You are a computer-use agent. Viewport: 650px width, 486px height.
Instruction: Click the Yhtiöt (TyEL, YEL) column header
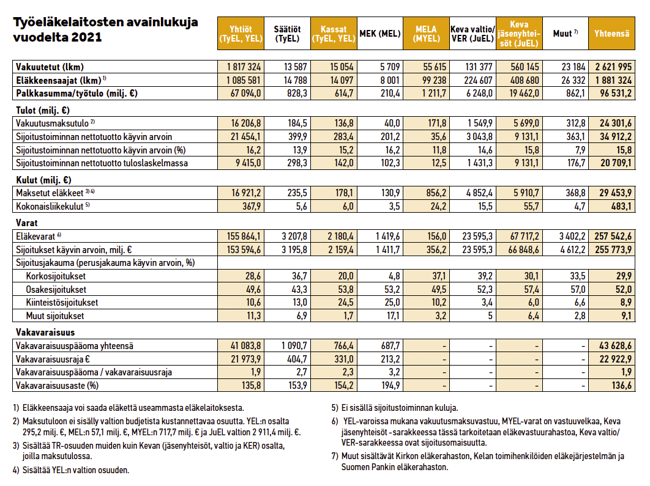[241, 34]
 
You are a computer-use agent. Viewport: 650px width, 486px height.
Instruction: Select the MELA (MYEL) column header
[426, 34]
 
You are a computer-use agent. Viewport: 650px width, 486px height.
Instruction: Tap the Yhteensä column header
[611, 34]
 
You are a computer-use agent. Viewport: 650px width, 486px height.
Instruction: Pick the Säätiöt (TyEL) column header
[287, 34]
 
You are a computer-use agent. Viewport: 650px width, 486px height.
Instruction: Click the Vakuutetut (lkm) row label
[50, 67]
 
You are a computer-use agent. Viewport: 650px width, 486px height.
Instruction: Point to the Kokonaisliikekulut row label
[50, 206]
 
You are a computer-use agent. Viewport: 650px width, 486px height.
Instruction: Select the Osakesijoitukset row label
[56, 289]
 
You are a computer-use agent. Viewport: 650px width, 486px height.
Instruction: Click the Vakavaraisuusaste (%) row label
[57, 385]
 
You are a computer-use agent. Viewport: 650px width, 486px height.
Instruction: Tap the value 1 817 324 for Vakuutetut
[244, 67]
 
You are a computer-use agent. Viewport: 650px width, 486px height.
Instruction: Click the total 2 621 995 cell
[613, 67]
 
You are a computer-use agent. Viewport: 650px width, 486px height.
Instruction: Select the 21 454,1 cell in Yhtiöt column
[246, 136]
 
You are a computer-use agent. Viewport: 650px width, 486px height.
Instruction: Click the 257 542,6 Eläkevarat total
[613, 237]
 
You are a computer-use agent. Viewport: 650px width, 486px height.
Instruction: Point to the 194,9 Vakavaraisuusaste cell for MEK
[390, 385]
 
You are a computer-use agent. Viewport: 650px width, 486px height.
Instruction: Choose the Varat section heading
[26, 223]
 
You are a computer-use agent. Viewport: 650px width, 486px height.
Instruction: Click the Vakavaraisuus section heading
[45, 332]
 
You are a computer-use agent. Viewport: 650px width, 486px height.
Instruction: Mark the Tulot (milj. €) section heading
[43, 111]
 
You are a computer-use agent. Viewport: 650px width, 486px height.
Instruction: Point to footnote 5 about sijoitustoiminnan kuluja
[395, 408]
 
